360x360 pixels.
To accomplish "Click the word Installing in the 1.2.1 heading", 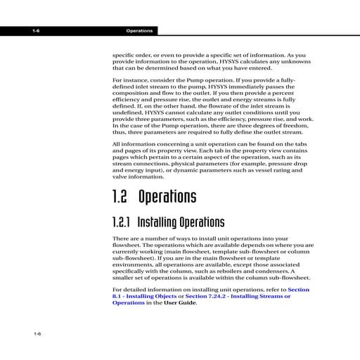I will (x=157, y=223).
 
